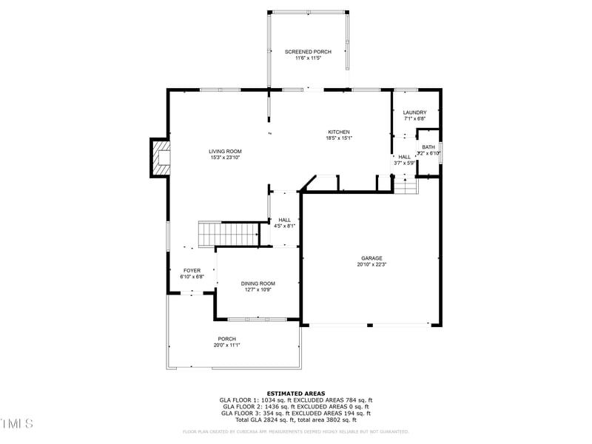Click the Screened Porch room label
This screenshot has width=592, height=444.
coord(308,52)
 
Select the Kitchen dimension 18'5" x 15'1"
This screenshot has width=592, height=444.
coord(339,138)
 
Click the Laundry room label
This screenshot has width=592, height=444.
coord(414,112)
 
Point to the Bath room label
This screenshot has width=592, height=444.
coord(428,147)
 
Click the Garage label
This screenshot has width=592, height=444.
coord(371,258)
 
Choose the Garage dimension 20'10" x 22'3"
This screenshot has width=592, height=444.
coord(371,264)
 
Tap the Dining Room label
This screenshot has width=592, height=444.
coord(258,283)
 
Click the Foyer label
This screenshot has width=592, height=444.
coord(192,271)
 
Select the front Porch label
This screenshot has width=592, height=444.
coord(226,339)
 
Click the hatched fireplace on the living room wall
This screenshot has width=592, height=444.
coord(161,158)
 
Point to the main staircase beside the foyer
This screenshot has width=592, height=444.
coord(227,233)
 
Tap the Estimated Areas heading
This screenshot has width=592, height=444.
coord(295,394)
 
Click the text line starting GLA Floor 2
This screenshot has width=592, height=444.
coord(295,407)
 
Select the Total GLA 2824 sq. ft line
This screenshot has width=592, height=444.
coord(295,420)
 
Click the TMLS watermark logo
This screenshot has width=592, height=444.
coord(17,423)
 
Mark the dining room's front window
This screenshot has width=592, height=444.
coord(257,320)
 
